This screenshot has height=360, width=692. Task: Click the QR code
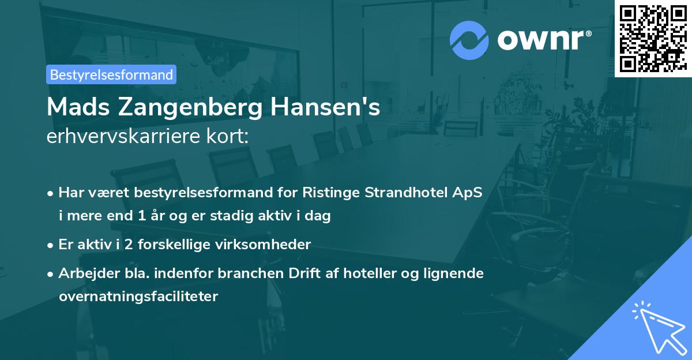click(653, 38)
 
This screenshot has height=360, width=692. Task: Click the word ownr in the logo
click(543, 39)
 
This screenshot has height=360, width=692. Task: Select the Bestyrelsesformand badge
click(111, 74)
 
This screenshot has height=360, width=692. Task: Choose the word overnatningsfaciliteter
click(138, 297)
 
